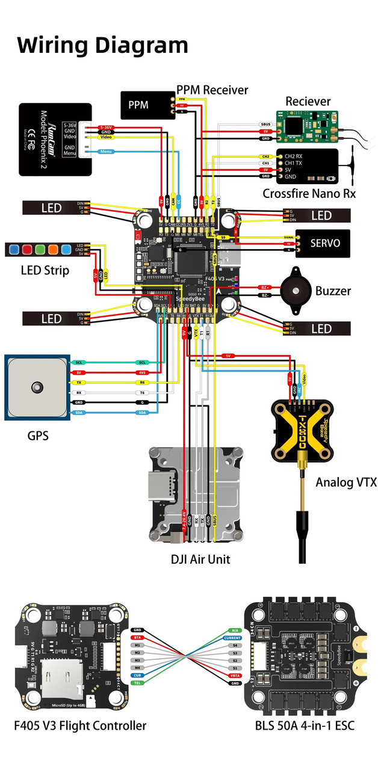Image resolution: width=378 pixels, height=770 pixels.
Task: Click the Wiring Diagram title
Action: click(x=102, y=45)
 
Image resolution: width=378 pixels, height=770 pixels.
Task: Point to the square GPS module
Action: click(x=37, y=387)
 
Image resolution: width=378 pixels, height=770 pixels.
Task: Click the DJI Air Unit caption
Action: click(x=200, y=559)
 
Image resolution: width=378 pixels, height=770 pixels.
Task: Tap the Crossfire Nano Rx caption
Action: click(x=309, y=194)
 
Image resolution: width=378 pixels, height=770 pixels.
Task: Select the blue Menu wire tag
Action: click(x=106, y=151)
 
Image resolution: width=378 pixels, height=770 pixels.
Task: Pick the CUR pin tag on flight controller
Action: click(x=137, y=675)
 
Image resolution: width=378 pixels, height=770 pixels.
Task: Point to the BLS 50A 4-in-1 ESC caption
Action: click(x=305, y=726)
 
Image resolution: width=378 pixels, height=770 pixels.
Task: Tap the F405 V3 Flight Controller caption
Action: click(x=80, y=726)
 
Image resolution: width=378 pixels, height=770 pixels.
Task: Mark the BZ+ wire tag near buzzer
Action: click(x=265, y=288)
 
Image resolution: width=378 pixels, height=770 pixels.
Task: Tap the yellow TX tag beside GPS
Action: click(x=78, y=383)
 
